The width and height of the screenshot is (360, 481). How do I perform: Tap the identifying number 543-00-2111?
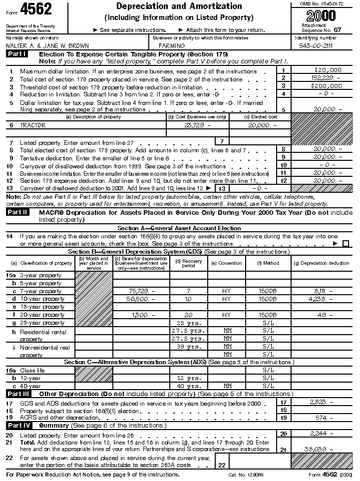[x=315, y=45]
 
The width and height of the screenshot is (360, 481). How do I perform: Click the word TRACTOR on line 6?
[x=32, y=125]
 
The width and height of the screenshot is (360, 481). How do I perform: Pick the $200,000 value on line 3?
[x=328, y=85]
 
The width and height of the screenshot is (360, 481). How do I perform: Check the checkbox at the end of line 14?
[x=346, y=244]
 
